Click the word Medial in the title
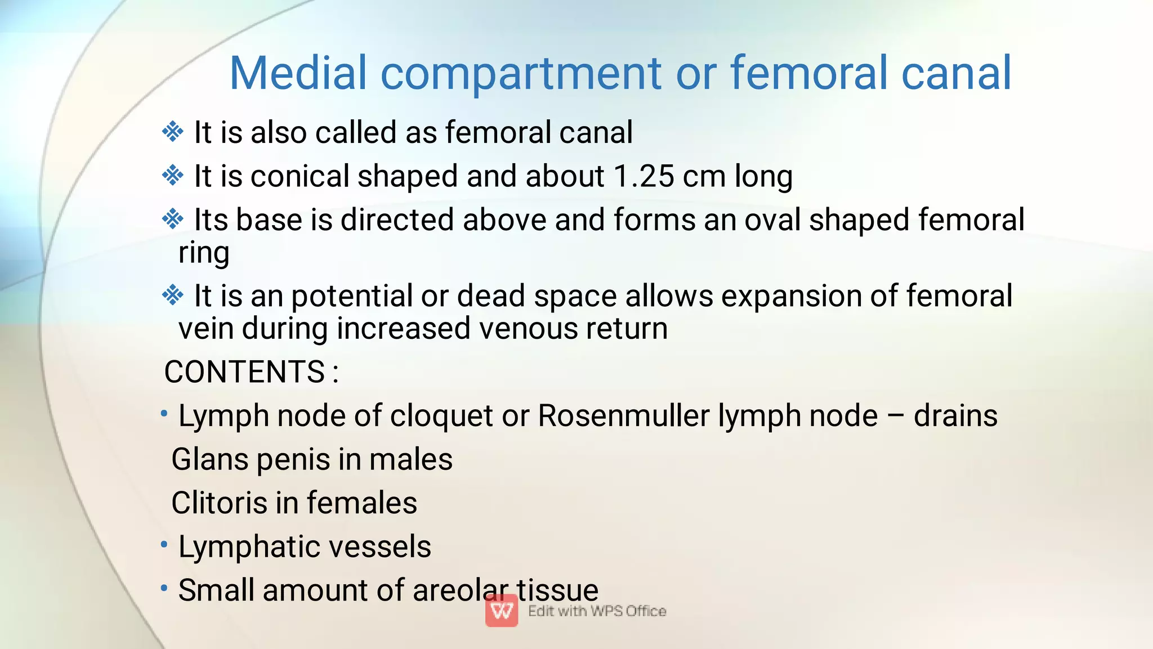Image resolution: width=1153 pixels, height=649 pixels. (298, 73)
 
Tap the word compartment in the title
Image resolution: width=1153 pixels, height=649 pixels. (521, 73)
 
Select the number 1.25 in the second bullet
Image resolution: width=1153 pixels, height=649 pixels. (643, 176)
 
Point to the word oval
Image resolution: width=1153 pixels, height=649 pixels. (772, 220)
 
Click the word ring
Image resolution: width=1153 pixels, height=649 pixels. (204, 253)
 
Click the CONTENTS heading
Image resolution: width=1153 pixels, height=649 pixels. (245, 372)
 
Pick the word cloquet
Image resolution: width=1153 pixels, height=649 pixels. (441, 416)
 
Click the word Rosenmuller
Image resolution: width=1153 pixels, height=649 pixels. (624, 416)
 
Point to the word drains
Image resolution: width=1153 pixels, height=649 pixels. (955, 416)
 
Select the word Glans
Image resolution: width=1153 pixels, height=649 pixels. (210, 459)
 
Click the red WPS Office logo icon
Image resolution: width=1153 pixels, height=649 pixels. (502, 611)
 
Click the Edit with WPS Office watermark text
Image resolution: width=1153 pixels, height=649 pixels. (597, 611)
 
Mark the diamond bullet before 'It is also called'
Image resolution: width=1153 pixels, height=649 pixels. (173, 132)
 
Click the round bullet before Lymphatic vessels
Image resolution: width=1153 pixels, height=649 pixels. (164, 544)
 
